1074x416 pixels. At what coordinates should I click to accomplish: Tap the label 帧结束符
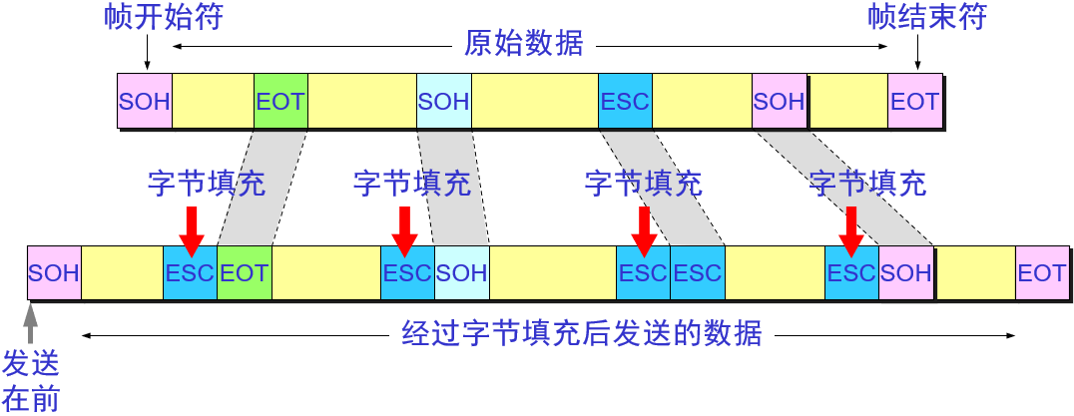point(913,17)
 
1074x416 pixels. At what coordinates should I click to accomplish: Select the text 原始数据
point(524,45)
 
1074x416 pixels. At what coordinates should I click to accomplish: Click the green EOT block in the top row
point(280,101)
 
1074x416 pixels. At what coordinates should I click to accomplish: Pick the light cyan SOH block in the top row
point(444,101)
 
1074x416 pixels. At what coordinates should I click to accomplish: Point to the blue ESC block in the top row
point(625,101)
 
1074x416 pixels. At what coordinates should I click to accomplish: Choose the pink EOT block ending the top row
point(914,101)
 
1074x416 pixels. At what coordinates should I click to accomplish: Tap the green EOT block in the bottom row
point(244,272)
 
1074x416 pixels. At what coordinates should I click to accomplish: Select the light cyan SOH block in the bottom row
point(462,272)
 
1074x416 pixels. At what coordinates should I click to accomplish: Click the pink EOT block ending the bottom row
point(1042,272)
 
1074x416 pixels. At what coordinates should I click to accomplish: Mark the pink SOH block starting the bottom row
point(54,272)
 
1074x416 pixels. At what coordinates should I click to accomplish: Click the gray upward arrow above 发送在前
point(30,322)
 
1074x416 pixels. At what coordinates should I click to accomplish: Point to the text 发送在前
point(31,380)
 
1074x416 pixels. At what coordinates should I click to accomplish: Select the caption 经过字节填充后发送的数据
point(581,333)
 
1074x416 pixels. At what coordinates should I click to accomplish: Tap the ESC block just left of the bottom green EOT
point(190,272)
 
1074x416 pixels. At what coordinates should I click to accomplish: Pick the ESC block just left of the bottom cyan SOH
point(407,272)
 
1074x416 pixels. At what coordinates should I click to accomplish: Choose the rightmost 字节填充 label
point(867,184)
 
